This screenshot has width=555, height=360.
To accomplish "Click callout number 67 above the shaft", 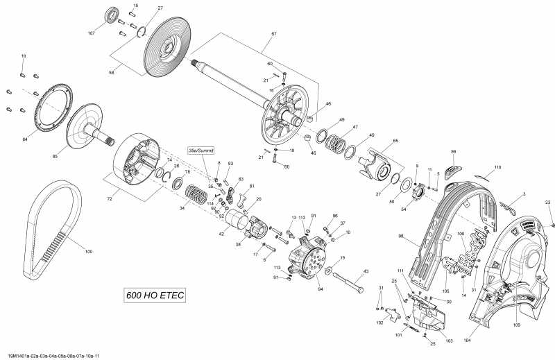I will tap(274, 34).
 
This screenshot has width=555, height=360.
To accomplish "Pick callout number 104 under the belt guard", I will tap(467, 340).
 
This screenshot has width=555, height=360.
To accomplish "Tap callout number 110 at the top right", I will tap(497, 168).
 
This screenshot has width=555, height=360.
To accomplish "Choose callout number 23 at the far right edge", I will tap(547, 202).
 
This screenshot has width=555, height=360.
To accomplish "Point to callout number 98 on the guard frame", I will tap(420, 237).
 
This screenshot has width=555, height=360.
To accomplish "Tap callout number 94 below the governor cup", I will tap(320, 289).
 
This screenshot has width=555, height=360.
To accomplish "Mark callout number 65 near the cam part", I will tap(395, 141).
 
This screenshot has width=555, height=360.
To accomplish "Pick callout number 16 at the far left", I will tap(23, 55).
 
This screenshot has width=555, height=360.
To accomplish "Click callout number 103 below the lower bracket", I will tap(448, 341).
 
